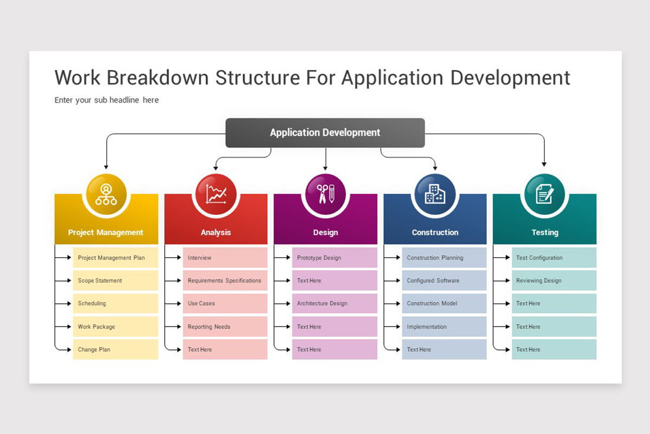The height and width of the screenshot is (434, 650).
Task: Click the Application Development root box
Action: point(325,133)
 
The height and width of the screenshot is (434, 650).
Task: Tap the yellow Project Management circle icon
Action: point(106,194)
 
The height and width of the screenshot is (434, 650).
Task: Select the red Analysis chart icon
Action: point(216,194)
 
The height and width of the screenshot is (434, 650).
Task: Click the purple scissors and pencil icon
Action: point(325,194)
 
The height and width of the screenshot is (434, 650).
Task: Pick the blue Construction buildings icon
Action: point(434,194)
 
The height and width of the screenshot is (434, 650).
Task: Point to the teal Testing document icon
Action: point(544,194)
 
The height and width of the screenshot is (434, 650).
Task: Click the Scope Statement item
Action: point(115,280)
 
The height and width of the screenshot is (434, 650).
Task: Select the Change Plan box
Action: point(115,349)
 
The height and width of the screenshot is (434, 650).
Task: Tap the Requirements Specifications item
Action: point(225,280)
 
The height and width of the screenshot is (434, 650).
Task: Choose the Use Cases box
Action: point(225,303)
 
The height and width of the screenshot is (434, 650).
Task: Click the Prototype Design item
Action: point(334,258)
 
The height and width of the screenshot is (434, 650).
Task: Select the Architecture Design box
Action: point(334,303)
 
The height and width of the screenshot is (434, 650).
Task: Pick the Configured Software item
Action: point(444,280)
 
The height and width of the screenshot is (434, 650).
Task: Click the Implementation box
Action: point(444,327)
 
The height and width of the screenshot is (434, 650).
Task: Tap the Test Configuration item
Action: point(554,258)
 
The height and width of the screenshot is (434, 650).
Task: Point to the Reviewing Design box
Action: point(554,280)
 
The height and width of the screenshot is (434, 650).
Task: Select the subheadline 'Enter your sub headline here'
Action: point(107,100)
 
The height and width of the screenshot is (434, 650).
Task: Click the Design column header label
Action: point(325,232)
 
